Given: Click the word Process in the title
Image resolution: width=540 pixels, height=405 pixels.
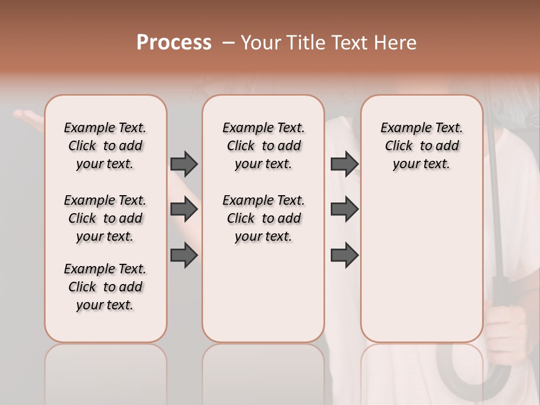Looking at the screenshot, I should [x=174, y=43].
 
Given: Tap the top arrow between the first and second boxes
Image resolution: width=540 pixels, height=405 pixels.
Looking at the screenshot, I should [x=184, y=164].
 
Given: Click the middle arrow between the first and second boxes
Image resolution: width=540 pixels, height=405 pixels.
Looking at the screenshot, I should [x=184, y=210].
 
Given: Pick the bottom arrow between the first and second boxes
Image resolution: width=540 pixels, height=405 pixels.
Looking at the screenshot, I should [x=184, y=256].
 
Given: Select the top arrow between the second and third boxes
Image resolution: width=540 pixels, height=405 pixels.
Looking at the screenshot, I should [x=344, y=164].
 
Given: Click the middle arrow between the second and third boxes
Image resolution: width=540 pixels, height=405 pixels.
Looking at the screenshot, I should [x=344, y=210].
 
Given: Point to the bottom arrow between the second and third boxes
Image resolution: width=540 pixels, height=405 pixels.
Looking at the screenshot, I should [x=344, y=256].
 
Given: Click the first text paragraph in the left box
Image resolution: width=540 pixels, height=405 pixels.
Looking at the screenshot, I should [x=105, y=146].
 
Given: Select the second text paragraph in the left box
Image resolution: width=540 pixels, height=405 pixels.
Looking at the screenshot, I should [x=105, y=218].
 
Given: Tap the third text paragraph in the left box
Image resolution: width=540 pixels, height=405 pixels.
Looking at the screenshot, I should [x=105, y=287].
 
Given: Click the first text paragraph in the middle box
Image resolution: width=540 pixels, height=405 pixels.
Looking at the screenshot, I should [x=263, y=146].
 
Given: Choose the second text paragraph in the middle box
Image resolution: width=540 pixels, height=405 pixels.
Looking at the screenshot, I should [x=263, y=218].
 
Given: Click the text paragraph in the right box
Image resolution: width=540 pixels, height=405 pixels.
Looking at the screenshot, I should [x=421, y=146].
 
